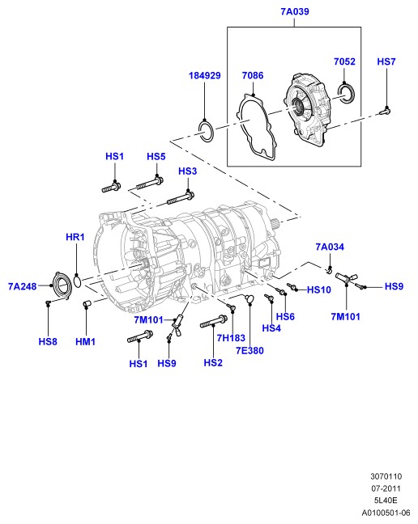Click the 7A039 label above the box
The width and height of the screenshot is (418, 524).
coord(295,11)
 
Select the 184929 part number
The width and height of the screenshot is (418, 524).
coord(205,75)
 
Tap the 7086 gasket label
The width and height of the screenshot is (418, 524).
coord(253,75)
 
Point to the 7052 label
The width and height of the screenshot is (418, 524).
coord(344,61)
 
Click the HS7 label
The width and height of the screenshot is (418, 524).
coord(386,61)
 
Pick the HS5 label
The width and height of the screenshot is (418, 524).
coord(156,156)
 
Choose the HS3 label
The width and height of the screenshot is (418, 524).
coord(188,171)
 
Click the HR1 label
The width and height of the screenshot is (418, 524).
coord(75,237)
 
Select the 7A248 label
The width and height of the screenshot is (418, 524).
coord(23,286)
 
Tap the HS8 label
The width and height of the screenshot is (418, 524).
coord(48,341)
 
